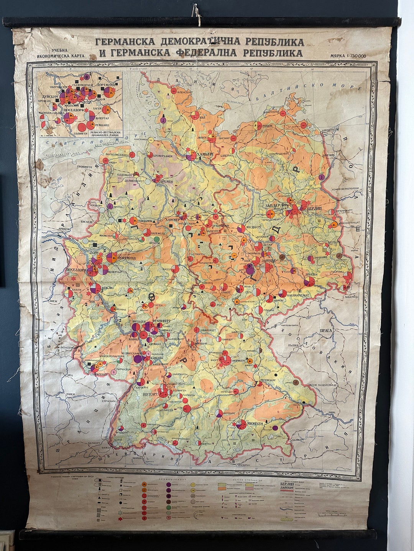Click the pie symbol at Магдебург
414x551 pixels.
pyautogui.click(x=241, y=228)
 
